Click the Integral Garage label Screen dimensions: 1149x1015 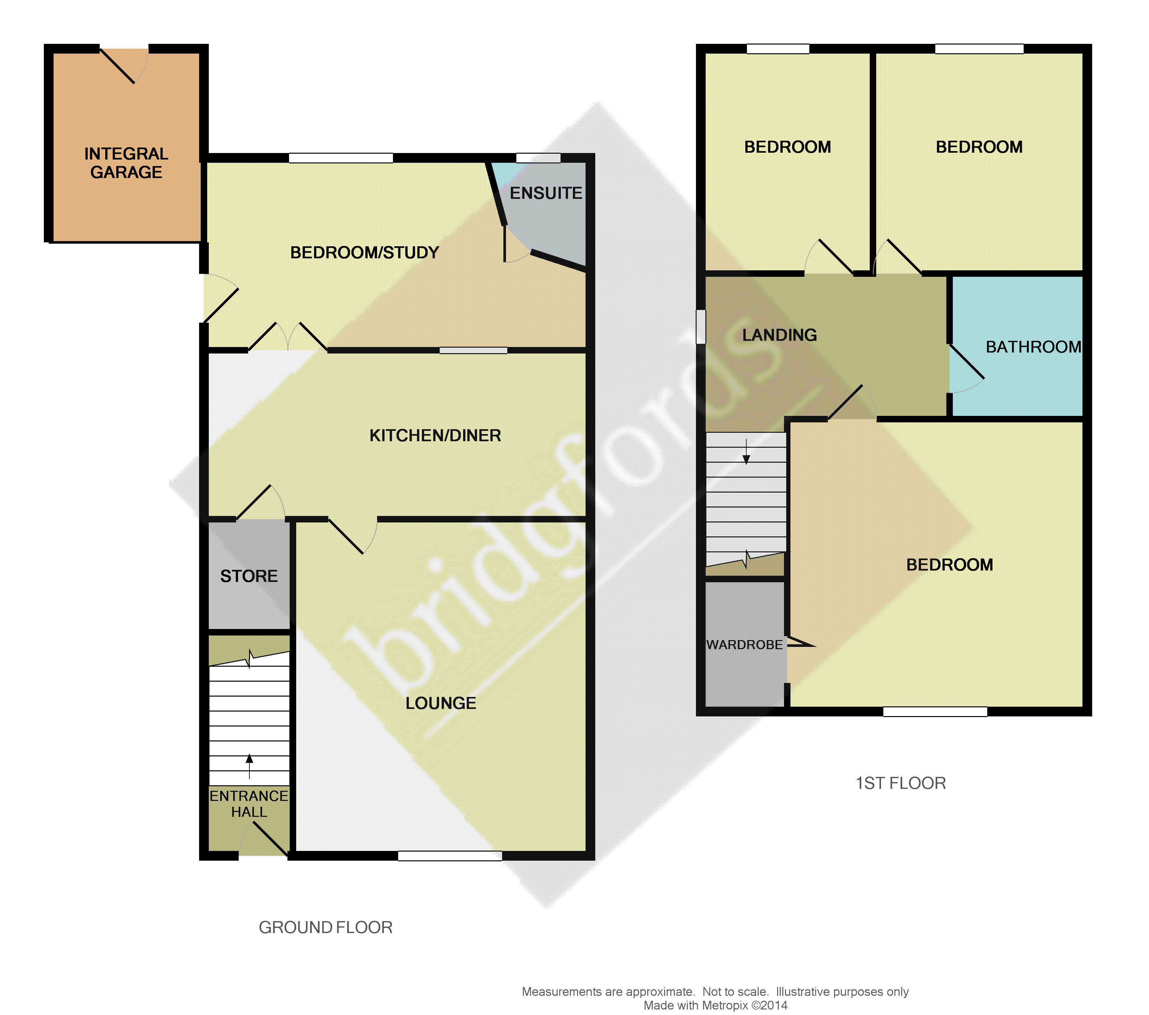(126, 163)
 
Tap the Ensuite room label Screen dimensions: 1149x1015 (546, 193)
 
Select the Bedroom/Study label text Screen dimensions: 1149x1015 (364, 252)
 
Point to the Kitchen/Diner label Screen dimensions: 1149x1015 (435, 435)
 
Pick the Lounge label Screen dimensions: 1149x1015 (441, 703)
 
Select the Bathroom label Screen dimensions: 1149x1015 (1033, 347)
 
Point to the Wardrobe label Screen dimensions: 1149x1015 (744, 645)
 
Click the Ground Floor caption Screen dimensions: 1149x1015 (325, 927)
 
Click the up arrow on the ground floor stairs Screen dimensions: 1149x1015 (249, 766)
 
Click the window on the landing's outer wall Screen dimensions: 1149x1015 (701, 326)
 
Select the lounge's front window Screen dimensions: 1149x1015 (450, 856)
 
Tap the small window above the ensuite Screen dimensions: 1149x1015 (538, 158)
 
